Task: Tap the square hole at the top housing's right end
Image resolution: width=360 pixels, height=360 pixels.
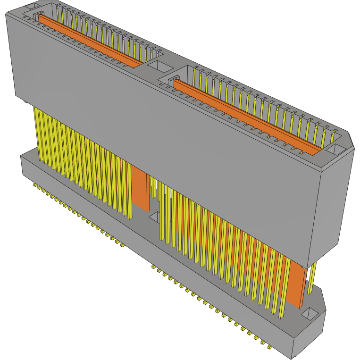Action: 335,150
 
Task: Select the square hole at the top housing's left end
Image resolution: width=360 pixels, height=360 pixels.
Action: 29,6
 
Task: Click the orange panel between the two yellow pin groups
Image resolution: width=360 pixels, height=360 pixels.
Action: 140,189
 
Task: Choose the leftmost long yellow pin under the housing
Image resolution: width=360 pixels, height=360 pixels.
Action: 35,132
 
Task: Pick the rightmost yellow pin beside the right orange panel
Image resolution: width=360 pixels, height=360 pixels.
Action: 312,278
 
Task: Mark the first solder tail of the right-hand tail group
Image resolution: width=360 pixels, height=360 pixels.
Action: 153,267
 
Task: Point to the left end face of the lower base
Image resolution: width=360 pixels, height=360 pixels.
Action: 21,165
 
